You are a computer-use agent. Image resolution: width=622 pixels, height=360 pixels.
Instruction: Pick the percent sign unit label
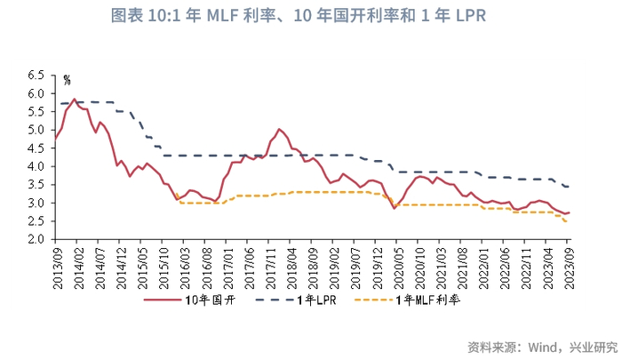pyautogui.click(x=66, y=80)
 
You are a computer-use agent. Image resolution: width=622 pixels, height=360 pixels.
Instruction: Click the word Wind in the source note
pyautogui.click(x=544, y=346)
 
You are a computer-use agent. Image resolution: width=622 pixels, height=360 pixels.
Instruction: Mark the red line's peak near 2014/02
pyautogui.click(x=74, y=100)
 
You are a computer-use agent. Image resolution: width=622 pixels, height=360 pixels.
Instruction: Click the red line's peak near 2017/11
pyautogui.click(x=279, y=129)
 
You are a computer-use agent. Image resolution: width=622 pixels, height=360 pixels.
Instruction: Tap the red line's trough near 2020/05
pyautogui.click(x=394, y=208)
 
